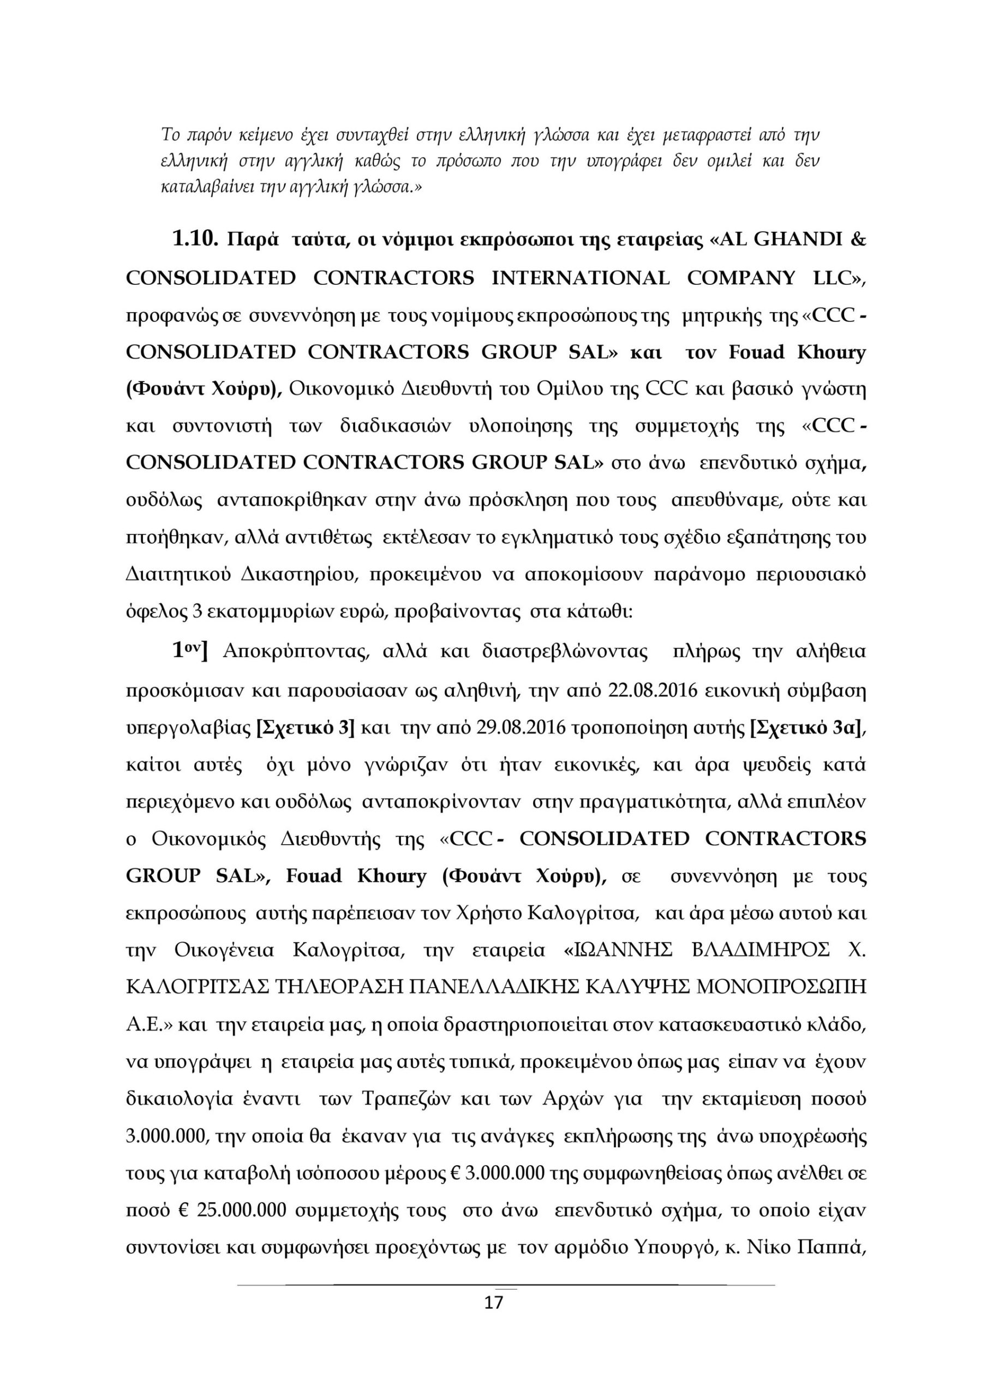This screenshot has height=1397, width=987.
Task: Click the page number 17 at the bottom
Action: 493,1303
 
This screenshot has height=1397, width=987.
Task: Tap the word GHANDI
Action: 798,240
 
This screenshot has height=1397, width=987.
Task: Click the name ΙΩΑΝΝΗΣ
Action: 619,950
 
